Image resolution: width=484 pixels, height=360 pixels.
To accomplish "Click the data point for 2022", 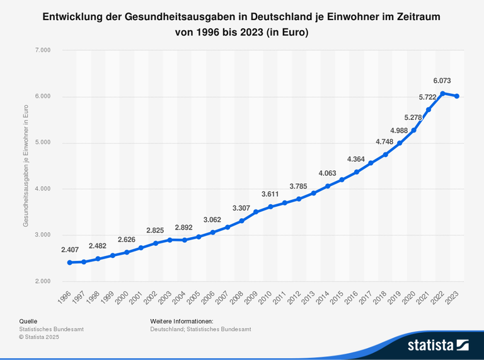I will pos(442,93).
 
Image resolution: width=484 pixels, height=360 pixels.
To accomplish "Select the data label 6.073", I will pos(442,81).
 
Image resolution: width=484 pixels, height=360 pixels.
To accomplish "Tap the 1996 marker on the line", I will pos(69,262).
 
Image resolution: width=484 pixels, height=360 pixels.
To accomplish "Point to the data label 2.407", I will pos(70,250).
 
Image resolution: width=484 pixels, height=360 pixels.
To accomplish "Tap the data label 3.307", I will pos(241,208).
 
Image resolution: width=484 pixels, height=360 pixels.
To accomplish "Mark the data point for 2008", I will pos(241,221).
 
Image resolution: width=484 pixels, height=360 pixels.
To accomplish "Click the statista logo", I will pos(438,345).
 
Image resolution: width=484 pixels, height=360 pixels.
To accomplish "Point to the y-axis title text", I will pos(26,165).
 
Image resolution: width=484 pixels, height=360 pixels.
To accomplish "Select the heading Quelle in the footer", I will pos(28,322).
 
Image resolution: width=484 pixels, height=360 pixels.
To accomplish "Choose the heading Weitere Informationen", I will pos(181,322).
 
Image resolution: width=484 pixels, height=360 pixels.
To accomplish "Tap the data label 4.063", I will pos(327,173).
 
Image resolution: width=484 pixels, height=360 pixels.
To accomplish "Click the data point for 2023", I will pos(456,96).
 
